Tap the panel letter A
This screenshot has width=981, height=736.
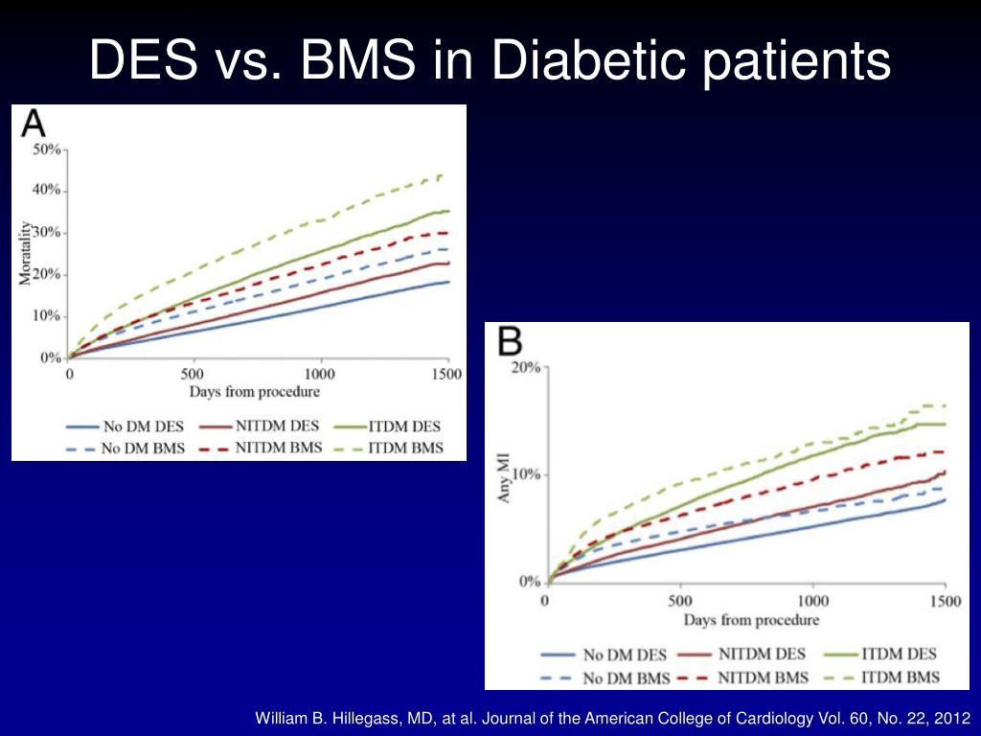point(34,124)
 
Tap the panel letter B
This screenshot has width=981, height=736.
point(510,342)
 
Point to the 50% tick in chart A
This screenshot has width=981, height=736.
point(47,149)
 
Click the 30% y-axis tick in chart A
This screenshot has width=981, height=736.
point(47,233)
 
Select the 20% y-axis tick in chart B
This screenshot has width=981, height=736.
point(526,367)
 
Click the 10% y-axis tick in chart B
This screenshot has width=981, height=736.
point(526,473)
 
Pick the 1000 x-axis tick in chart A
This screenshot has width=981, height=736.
point(320,375)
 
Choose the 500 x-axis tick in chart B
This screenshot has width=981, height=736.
point(679,602)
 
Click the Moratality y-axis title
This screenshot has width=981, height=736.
point(25,253)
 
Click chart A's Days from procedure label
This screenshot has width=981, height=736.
point(255,392)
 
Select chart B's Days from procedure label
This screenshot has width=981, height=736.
point(751,620)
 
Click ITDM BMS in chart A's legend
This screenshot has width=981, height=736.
point(405,448)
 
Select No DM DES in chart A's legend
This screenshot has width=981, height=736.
point(144,426)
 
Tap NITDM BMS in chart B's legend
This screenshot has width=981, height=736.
point(763,678)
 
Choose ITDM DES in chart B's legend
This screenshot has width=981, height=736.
point(899,654)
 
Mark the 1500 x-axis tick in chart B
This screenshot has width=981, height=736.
point(945,602)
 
